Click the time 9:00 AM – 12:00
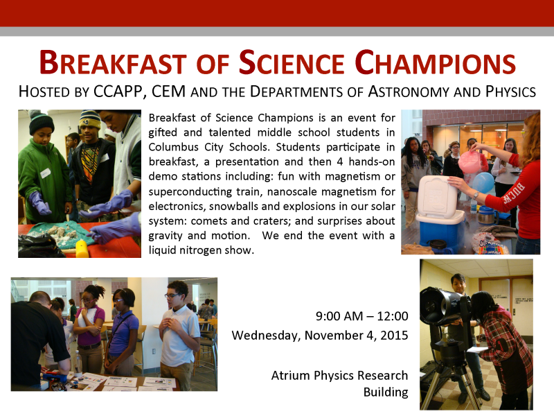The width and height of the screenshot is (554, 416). (361, 317)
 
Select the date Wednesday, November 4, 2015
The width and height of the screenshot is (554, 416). (320, 336)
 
